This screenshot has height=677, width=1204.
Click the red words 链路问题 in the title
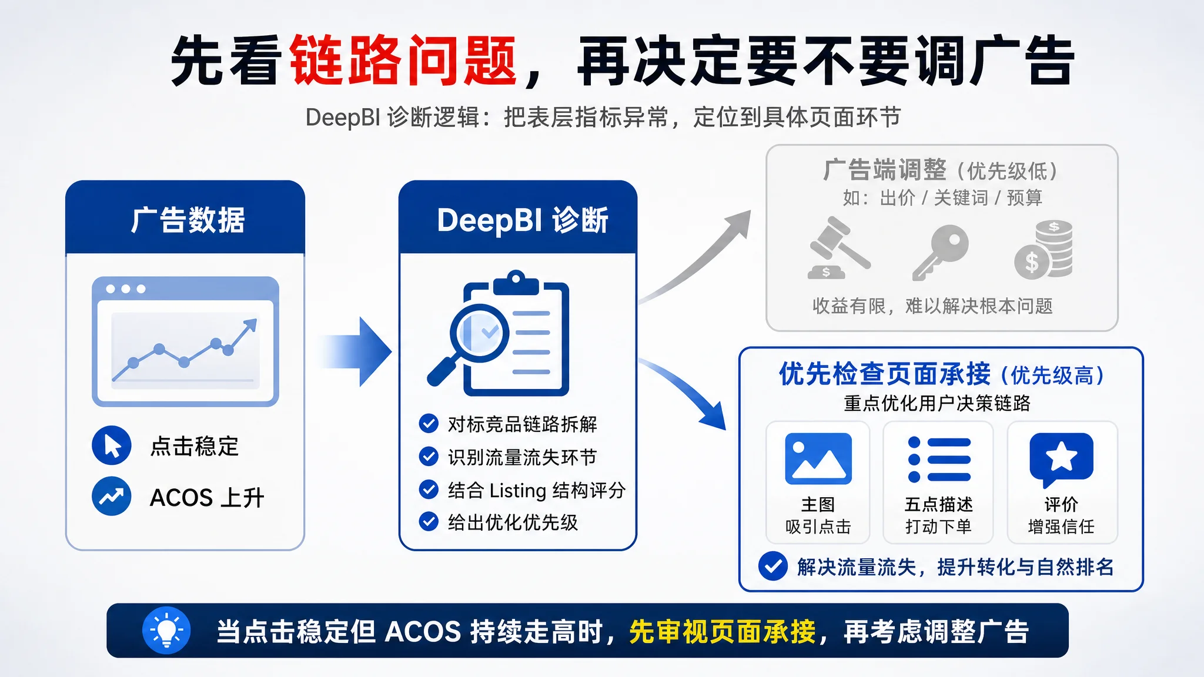coord(403,61)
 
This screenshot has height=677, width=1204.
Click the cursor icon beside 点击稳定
coord(112,445)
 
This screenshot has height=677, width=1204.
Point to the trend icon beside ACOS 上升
coord(112,497)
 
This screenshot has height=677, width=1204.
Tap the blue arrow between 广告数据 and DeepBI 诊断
coord(356,351)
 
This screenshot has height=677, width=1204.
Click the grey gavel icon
coord(837,247)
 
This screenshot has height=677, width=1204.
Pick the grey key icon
coord(940,252)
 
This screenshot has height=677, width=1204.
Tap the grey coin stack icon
coord(1044,249)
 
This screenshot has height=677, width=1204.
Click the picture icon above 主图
coord(818,459)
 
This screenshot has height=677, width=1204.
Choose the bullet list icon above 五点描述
coord(939,459)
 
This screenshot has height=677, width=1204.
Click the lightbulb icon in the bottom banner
coord(166,631)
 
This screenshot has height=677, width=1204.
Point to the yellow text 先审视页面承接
coord(723,632)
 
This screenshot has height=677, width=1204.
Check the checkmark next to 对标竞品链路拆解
coord(429,423)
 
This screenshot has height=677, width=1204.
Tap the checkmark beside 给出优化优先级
coord(429,521)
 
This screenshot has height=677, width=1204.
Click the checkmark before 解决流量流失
coord(773,567)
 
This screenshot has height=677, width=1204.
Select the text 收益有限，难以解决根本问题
coord(932,306)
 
